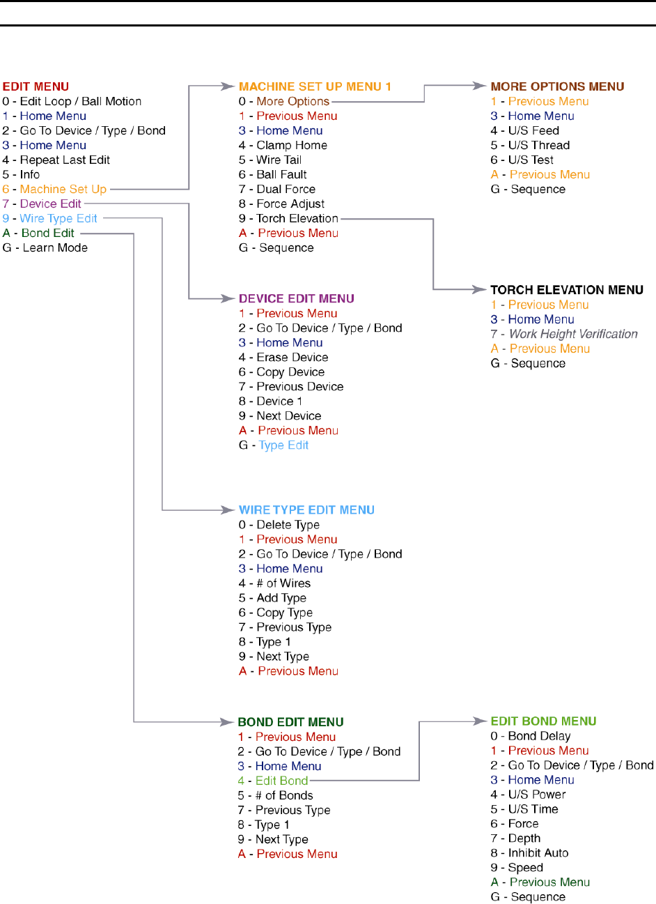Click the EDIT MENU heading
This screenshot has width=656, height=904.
(36, 86)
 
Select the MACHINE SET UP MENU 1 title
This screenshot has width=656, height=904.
(315, 86)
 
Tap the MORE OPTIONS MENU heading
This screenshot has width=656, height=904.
(557, 86)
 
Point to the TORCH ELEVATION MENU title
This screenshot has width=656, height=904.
(566, 290)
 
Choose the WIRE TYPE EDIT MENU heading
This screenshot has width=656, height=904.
(306, 510)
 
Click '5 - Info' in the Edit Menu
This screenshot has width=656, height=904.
(21, 174)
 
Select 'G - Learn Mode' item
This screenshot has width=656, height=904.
(45, 247)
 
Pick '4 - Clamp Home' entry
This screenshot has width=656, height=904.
(283, 145)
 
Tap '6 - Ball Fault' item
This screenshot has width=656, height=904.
(272, 174)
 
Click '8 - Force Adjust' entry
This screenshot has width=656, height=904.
(281, 204)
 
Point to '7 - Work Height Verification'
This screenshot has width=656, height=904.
(564, 334)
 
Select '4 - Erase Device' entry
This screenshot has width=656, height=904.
(283, 357)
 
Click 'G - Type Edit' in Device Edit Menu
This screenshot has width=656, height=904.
(274, 445)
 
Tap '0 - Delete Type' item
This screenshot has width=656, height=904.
(279, 525)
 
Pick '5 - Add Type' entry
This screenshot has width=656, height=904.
(272, 598)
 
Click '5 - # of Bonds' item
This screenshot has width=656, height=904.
(275, 795)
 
